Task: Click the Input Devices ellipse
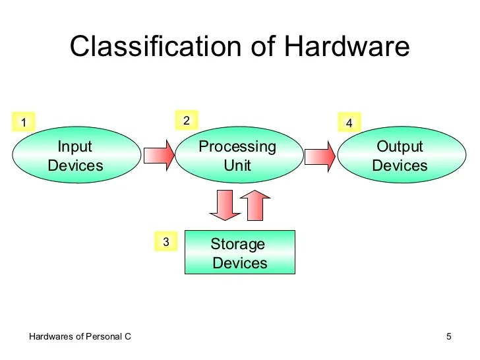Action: tap(76, 156)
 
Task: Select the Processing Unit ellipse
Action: tap(237, 156)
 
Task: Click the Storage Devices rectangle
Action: tap(239, 253)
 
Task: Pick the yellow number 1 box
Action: tap(24, 123)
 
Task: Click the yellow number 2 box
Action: tap(186, 121)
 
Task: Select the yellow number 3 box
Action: tap(165, 242)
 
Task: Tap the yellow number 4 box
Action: tap(349, 123)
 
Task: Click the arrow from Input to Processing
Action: tap(159, 156)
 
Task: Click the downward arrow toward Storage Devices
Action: tap(224, 205)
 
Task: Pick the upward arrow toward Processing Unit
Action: tap(255, 205)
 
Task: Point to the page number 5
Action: tap(449, 337)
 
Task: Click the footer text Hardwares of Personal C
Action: tap(80, 337)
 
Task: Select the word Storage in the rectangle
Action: tap(237, 244)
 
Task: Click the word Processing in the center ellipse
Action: tap(237, 146)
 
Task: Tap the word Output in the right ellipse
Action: tap(400, 146)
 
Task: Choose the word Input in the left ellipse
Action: tap(75, 146)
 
